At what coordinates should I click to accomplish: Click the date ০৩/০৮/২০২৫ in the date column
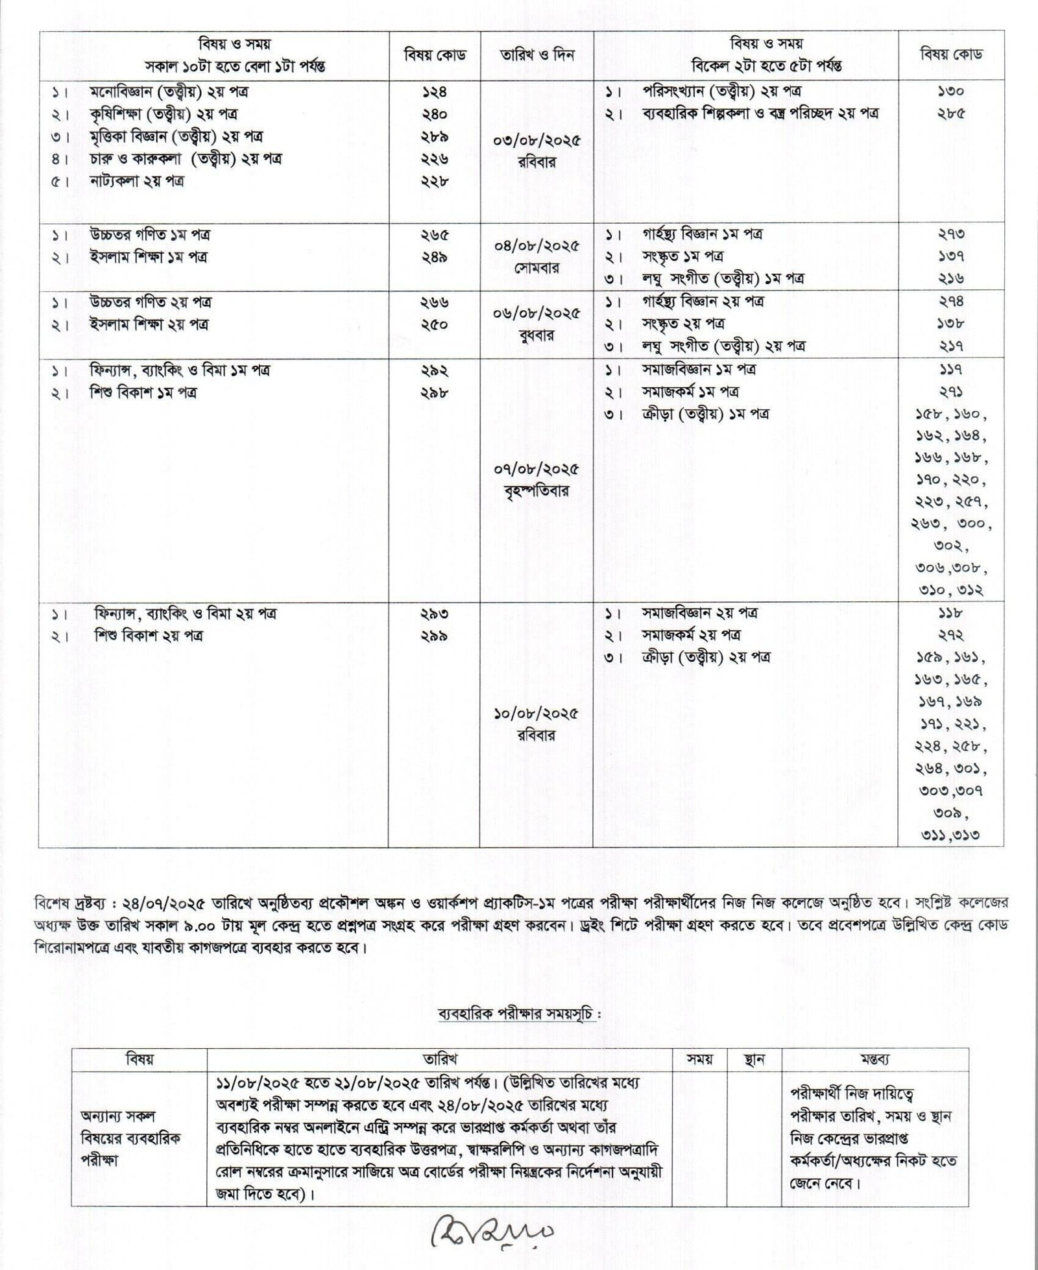[x=537, y=140]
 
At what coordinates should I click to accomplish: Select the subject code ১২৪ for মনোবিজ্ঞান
[x=434, y=92]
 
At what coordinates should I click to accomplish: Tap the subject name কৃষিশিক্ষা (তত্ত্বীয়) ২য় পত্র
[x=163, y=114]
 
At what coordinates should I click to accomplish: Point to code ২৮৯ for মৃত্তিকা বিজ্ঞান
[x=434, y=137]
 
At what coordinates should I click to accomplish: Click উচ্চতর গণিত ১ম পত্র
[x=149, y=234]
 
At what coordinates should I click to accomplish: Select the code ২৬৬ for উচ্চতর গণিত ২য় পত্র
[x=434, y=302]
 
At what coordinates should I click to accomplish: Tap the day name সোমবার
[x=537, y=268]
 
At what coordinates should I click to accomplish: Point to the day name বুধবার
[x=537, y=336]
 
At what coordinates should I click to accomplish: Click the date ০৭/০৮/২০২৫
[x=537, y=468]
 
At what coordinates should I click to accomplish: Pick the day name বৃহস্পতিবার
[x=537, y=491]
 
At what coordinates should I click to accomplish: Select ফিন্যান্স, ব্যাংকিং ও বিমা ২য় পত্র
[x=186, y=613]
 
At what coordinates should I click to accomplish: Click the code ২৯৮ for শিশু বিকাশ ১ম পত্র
[x=434, y=392]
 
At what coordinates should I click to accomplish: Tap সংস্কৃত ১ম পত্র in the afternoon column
[x=682, y=256]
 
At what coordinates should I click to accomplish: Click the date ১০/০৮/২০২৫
[x=537, y=713]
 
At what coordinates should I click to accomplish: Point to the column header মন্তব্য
[x=875, y=1060]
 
